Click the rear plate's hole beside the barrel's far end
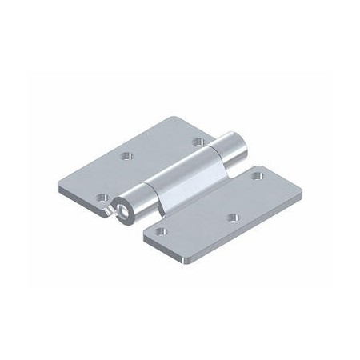coord(198,142)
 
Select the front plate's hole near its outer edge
coord(233,217)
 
